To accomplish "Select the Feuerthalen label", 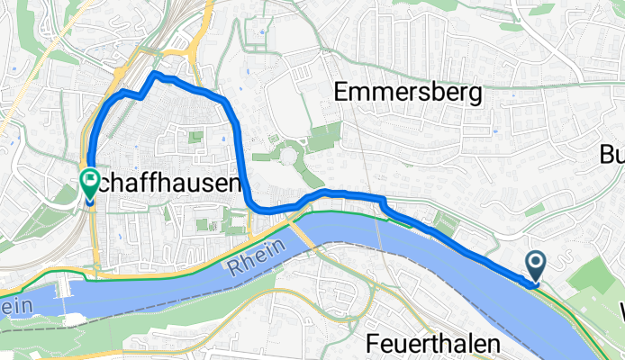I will pyautogui.click(x=432, y=343).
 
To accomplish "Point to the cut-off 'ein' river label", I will pyautogui.click(x=16, y=306).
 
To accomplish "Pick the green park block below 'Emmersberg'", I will pyautogui.click(x=324, y=138).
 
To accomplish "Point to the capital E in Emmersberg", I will pyautogui.click(x=342, y=91).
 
